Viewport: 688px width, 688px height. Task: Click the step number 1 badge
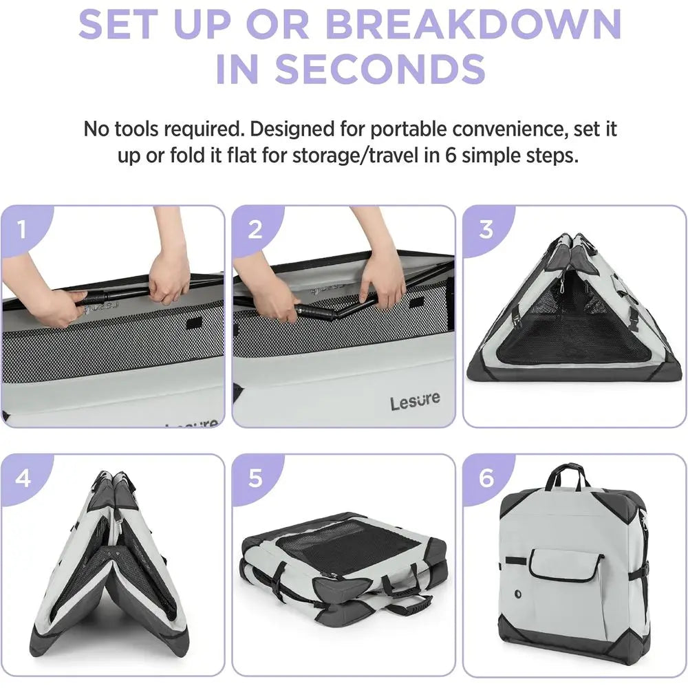(23, 230)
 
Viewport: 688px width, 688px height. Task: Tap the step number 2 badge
(255, 230)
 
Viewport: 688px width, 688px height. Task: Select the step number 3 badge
(486, 230)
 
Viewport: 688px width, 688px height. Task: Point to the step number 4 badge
(23, 478)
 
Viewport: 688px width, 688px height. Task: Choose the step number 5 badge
(255, 478)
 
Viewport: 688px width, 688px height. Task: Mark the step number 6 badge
(486, 478)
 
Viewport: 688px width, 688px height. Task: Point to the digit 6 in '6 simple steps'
(451, 155)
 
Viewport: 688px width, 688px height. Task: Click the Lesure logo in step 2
(415, 400)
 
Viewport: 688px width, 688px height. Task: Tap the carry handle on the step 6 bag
(567, 477)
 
